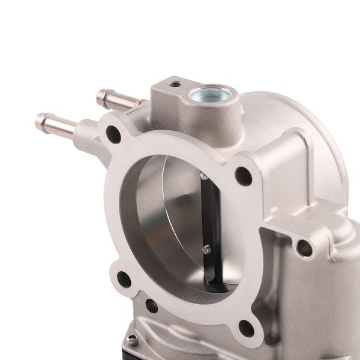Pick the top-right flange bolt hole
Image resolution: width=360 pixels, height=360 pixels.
tap(243, 175)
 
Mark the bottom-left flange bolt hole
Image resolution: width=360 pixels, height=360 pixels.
tap(124, 278)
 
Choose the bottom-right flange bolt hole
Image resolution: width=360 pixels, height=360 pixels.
tap(244, 328)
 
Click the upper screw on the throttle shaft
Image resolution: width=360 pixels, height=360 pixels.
tap(203, 175)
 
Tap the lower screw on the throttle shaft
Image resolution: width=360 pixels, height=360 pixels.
tap(206, 250)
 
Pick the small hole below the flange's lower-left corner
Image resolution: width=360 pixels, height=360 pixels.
tap(151, 308)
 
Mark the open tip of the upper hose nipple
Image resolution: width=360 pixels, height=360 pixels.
tap(100, 94)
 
